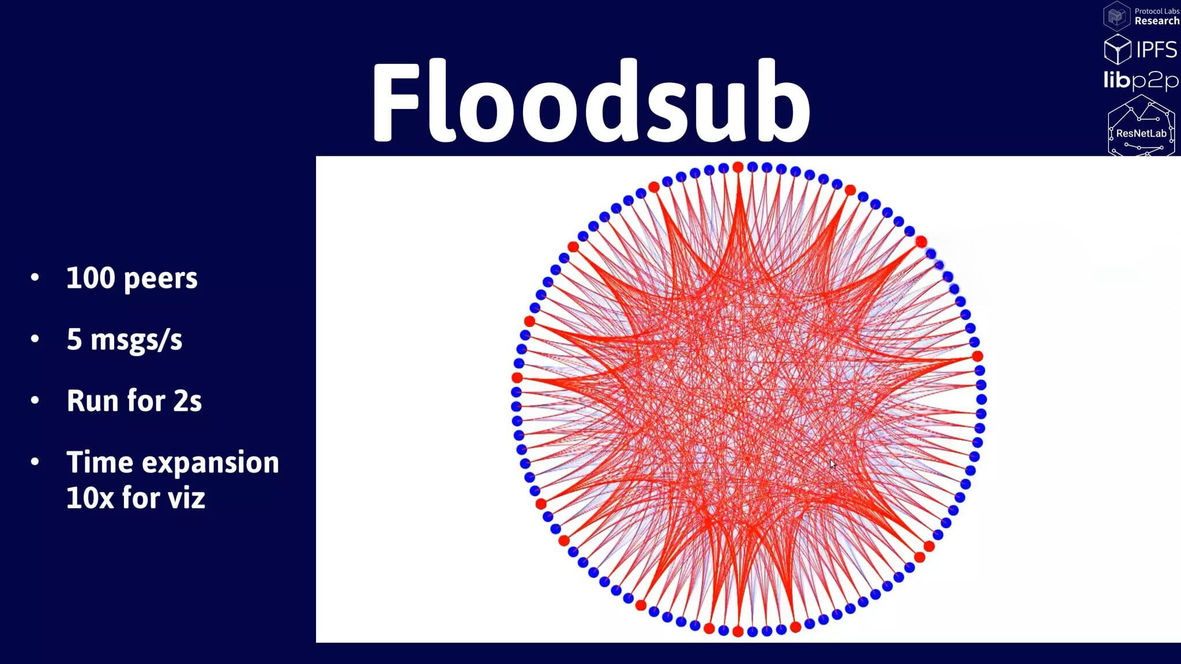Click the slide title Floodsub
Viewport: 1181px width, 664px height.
(x=591, y=101)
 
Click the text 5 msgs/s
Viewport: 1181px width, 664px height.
(x=125, y=339)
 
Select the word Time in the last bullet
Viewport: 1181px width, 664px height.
(x=99, y=462)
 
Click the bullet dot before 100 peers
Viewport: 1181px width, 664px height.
(x=35, y=278)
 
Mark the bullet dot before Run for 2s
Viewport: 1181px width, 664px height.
(x=35, y=400)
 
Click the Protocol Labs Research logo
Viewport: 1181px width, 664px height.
(x=1141, y=16)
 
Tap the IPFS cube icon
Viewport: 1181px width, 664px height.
(x=1118, y=49)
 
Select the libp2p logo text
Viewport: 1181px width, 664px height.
(x=1141, y=81)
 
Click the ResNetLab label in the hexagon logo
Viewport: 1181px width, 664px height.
(x=1141, y=133)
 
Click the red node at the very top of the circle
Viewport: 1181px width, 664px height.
(x=738, y=167)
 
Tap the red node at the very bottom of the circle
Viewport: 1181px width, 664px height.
(x=738, y=632)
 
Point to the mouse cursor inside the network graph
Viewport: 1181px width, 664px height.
(x=832, y=464)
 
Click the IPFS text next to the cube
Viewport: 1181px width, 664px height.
(x=1156, y=50)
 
